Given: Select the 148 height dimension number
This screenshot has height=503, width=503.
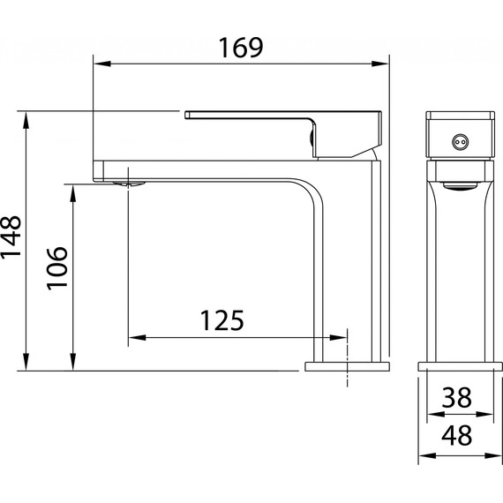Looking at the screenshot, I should tap(13, 240).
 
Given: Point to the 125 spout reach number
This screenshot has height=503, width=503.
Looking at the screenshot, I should tap(221, 319).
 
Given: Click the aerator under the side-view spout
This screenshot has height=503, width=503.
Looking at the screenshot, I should tap(130, 183).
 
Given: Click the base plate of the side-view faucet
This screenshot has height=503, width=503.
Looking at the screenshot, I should tap(347, 365).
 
